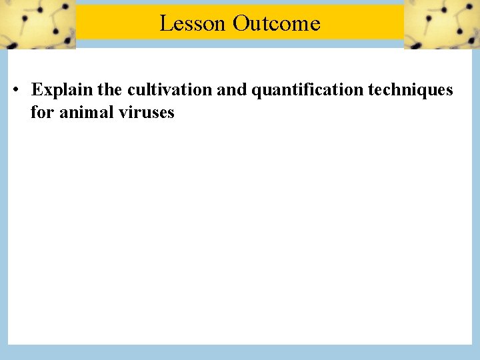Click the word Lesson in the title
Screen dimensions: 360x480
click(x=193, y=23)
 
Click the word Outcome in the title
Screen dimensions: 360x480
click(x=277, y=23)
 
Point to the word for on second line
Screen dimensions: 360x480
click(x=42, y=112)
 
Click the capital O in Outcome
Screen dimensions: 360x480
click(x=241, y=23)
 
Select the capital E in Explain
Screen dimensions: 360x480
click(x=37, y=89)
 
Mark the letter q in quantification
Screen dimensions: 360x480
click(x=255, y=91)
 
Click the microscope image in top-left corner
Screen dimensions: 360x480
click(x=37, y=25)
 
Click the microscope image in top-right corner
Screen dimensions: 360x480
click(x=441, y=25)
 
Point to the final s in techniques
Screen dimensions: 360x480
click(x=449, y=90)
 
